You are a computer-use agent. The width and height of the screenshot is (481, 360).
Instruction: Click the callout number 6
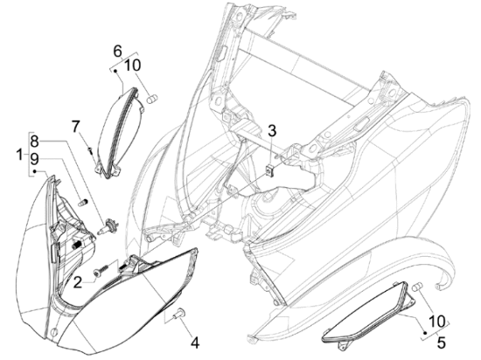click(x=117, y=52)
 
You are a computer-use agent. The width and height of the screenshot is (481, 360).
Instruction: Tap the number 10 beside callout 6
click(x=133, y=66)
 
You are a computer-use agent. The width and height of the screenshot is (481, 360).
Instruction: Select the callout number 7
click(x=76, y=127)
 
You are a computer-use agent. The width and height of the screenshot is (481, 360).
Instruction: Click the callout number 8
click(x=34, y=142)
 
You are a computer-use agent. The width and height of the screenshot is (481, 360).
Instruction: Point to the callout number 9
click(x=34, y=159)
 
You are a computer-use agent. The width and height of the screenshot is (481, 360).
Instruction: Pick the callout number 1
click(x=19, y=154)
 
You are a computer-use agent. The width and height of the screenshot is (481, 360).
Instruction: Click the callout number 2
click(x=78, y=282)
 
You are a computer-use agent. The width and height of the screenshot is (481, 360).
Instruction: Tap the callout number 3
click(x=272, y=130)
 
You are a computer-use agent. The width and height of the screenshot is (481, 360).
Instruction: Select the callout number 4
click(x=195, y=343)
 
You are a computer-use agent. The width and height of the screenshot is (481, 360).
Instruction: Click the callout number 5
click(x=441, y=343)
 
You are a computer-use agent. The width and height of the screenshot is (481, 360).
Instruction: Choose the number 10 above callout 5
click(x=437, y=322)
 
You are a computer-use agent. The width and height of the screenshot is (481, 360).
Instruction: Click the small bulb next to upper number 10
click(x=152, y=100)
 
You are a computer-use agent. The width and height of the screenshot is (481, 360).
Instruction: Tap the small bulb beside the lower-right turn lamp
click(x=417, y=287)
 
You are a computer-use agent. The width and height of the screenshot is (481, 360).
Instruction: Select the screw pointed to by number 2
click(x=101, y=271)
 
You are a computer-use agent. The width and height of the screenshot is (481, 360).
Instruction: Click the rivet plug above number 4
click(x=179, y=313)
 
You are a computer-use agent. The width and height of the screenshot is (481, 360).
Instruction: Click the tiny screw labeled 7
click(x=91, y=151)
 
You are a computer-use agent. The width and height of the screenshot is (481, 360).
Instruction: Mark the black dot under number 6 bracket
click(x=115, y=71)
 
